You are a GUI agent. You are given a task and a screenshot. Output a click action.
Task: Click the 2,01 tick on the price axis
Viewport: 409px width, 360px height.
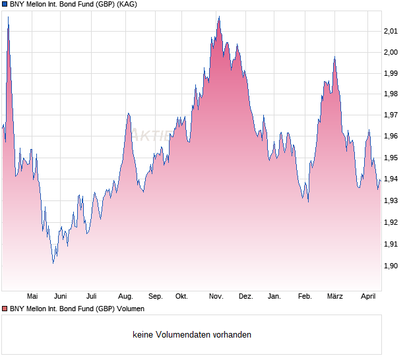click(x=391, y=31)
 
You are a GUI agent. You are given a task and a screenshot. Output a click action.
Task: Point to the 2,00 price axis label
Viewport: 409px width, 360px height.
click(x=391, y=52)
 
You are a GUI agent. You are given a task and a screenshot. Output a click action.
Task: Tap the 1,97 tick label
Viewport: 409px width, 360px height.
click(x=391, y=115)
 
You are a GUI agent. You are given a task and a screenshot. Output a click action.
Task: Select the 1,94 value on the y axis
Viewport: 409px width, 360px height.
click(x=391, y=179)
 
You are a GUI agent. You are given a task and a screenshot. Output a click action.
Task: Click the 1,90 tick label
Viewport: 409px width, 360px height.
click(x=391, y=266)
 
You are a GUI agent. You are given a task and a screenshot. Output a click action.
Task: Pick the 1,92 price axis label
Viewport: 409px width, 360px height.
click(x=391, y=222)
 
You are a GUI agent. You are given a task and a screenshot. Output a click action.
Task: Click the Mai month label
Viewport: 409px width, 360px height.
click(x=32, y=296)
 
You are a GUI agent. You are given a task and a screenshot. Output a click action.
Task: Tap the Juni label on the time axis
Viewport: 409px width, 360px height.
click(x=61, y=296)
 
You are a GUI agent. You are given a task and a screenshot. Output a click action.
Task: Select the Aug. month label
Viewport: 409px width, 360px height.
click(x=125, y=296)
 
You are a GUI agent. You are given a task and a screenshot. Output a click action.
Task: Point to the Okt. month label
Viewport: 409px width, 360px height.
click(x=181, y=296)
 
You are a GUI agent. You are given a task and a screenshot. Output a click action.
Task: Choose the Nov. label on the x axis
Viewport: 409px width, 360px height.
click(x=216, y=296)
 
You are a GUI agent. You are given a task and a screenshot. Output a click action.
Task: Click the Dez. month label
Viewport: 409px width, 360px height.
click(x=245, y=296)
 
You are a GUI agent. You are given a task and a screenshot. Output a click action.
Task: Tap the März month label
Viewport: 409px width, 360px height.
click(x=335, y=296)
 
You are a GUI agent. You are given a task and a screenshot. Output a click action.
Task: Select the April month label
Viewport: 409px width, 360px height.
click(x=368, y=296)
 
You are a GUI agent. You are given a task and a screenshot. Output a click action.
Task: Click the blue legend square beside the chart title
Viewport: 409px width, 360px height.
click(x=5, y=5)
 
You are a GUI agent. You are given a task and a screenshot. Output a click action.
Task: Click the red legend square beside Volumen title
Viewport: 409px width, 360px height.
click(x=5, y=309)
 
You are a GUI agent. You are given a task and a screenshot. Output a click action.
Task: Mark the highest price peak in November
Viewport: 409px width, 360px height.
click(x=218, y=17)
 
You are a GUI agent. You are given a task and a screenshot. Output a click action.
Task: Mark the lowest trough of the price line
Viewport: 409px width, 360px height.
click(x=53, y=263)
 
